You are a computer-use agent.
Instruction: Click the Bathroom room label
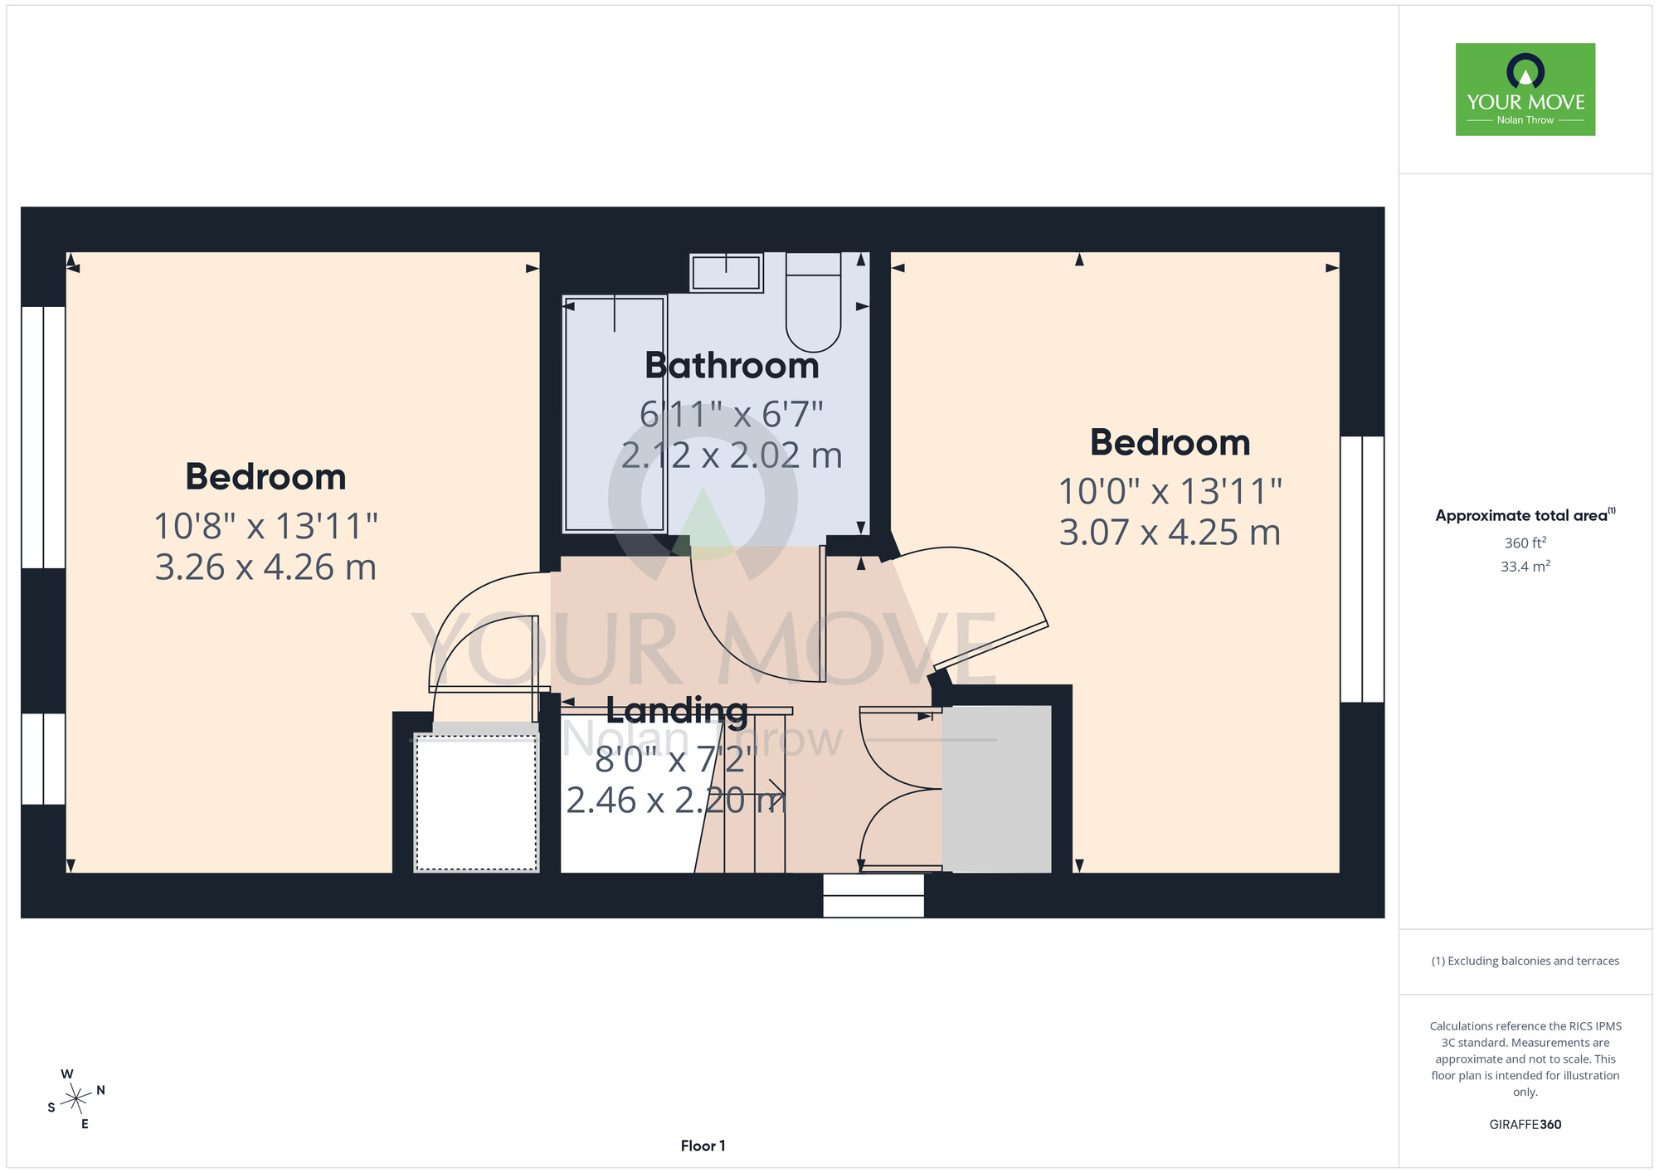[x=732, y=366]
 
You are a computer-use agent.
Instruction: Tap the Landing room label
[x=677, y=711]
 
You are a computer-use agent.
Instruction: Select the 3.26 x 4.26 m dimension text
[x=265, y=567]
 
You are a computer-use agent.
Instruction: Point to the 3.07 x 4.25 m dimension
[x=1170, y=533]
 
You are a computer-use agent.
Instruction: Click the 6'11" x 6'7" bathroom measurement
[x=731, y=414]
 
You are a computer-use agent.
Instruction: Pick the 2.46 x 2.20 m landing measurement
[x=676, y=801]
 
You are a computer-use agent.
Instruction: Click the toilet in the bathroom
[x=814, y=302]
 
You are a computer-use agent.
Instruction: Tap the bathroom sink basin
[x=726, y=273]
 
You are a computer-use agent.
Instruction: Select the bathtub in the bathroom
[x=615, y=413]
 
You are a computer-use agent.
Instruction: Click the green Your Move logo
[x=1525, y=90]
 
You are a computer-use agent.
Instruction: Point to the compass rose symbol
[x=76, y=1099]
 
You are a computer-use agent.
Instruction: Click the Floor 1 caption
[x=703, y=1146]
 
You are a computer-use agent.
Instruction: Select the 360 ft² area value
[x=1525, y=543]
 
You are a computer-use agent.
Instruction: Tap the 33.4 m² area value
[x=1525, y=567]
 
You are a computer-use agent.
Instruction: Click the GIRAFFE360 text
[x=1525, y=1125]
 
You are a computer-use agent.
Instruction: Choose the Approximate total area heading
[x=1525, y=515]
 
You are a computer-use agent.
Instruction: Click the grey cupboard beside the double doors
[x=996, y=789]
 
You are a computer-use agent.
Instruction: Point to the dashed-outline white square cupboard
[x=476, y=803]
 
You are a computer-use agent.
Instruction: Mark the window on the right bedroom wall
[x=1362, y=569]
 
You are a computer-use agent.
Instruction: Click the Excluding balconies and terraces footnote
[x=1525, y=961]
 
